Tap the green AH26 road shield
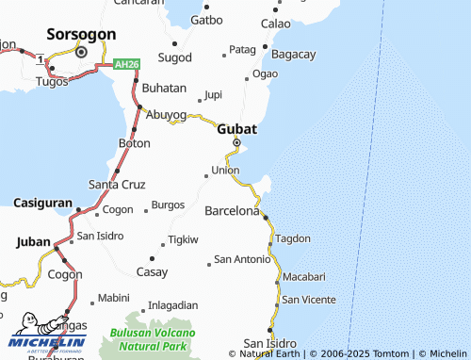[127, 64]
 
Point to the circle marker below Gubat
[236, 143]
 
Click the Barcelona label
[232, 210]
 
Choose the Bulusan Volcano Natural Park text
[153, 339]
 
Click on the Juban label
[34, 242]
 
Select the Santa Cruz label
[117, 184]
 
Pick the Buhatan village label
[165, 87]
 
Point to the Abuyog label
[166, 114]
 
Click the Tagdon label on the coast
[293, 238]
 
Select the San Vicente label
[308, 300]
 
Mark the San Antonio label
[242, 259]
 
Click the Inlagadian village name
[173, 305]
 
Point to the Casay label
[153, 271]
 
